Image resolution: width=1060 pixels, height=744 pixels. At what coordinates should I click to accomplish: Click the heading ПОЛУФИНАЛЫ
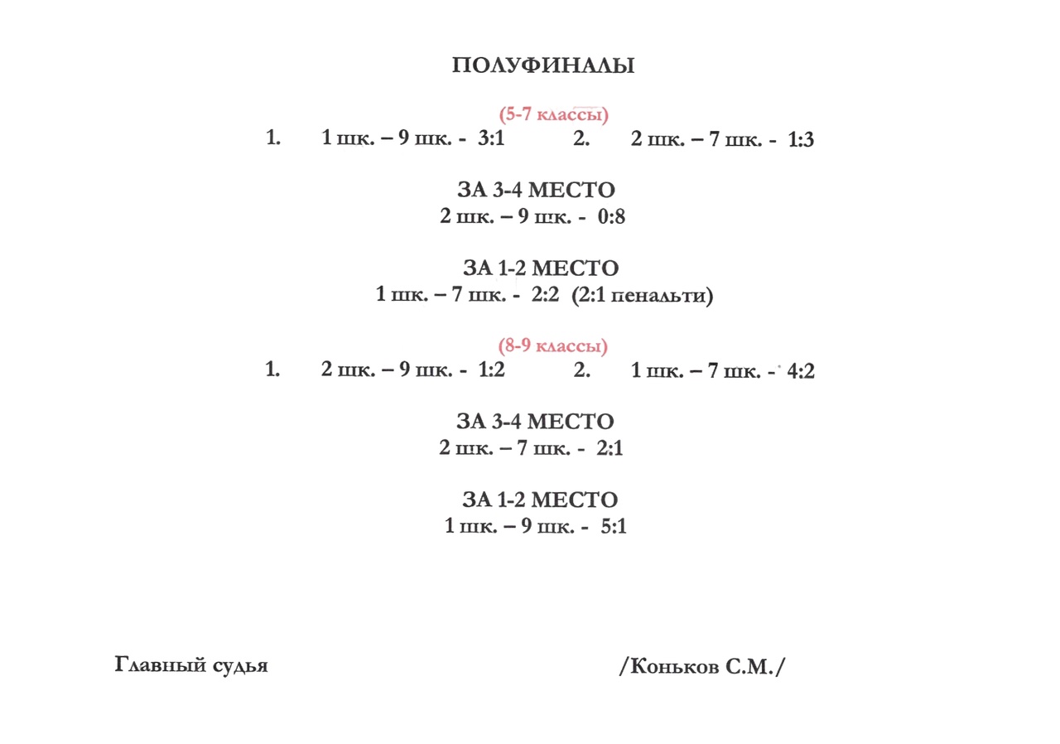click(543, 65)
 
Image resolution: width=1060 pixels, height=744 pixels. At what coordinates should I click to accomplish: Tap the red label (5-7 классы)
click(554, 114)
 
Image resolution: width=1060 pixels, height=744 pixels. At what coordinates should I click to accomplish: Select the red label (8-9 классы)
click(552, 346)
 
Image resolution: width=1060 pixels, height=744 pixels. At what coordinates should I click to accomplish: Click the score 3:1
click(491, 138)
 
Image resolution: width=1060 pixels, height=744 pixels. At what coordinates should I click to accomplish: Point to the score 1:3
click(801, 140)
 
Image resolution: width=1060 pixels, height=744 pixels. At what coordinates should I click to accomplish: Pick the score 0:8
click(611, 217)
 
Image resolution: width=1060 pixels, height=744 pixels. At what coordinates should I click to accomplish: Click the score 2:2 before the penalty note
click(545, 294)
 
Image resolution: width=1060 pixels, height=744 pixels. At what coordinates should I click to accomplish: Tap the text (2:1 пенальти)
click(642, 296)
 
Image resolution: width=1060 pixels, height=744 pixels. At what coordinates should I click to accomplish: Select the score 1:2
click(492, 370)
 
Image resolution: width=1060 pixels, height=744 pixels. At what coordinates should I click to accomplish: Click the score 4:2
click(801, 371)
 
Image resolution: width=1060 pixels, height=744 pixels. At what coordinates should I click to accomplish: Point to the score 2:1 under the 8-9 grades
click(609, 448)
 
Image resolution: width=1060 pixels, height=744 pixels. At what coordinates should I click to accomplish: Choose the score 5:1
click(614, 526)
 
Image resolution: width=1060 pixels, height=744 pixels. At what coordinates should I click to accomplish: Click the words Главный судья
click(191, 665)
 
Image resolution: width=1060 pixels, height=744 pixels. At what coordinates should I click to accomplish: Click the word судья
click(240, 666)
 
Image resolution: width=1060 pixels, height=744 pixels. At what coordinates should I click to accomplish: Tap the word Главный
click(161, 664)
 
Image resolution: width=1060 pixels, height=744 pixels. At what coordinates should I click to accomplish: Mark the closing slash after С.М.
click(780, 667)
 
